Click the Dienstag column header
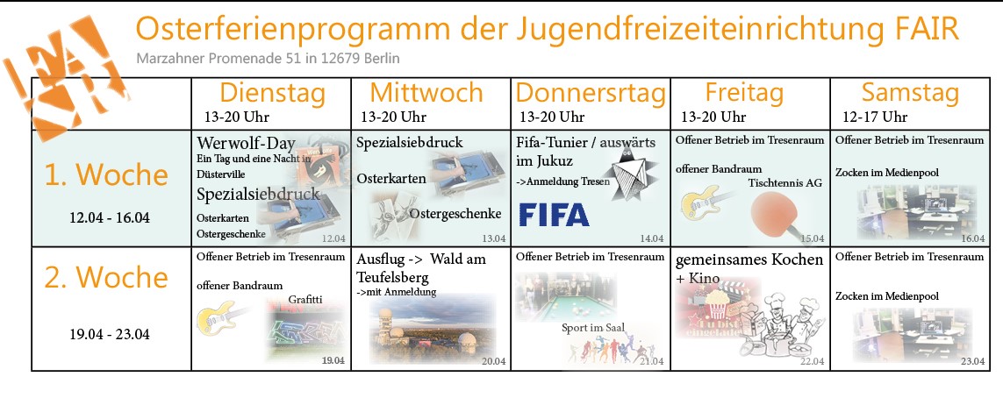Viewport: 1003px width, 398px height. [273, 93]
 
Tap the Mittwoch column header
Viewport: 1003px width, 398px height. [426, 93]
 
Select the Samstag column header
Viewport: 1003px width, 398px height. [910, 93]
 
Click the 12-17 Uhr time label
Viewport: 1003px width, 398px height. [874, 117]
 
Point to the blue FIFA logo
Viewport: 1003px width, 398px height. [554, 215]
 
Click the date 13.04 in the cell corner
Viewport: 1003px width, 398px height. [494, 239]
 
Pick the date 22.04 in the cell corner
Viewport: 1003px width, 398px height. [813, 362]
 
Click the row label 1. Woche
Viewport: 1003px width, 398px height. [106, 174]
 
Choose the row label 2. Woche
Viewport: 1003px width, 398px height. [106, 277]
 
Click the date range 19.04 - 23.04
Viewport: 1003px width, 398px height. [110, 335]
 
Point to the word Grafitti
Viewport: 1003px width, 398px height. [305, 299]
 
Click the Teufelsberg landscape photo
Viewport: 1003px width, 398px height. [433, 329]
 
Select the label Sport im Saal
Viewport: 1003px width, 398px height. [593, 328]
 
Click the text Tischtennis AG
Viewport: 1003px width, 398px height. [784, 183]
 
